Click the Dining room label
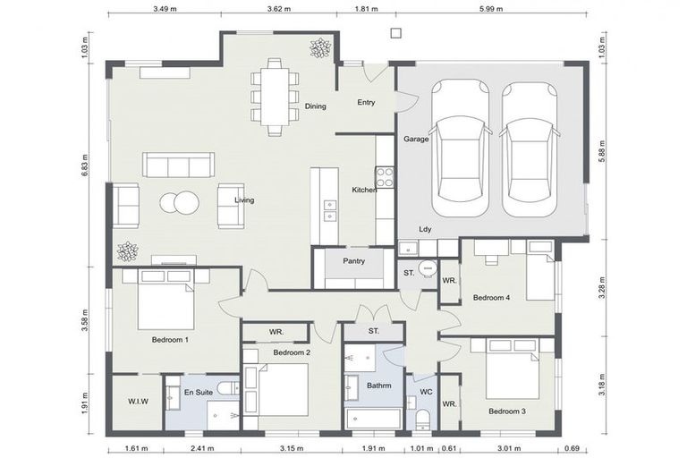pyautogui.click(x=315, y=106)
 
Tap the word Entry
pyautogui.click(x=366, y=102)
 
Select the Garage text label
pyautogui.click(x=415, y=139)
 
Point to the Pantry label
pyautogui.click(x=352, y=260)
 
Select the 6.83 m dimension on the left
pyautogui.click(x=85, y=167)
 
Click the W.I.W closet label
pyautogui.click(x=137, y=402)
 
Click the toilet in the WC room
pyautogui.click(x=423, y=419)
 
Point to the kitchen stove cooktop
pyautogui.click(x=385, y=176)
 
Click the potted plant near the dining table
pyautogui.click(x=319, y=47)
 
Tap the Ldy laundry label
pyautogui.click(x=425, y=229)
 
